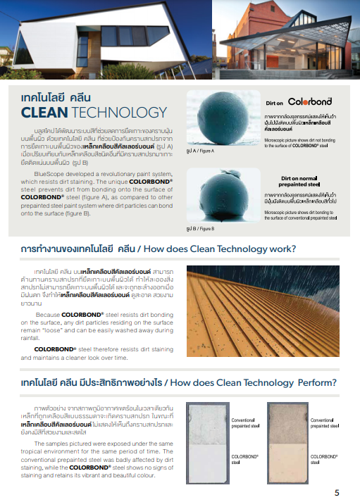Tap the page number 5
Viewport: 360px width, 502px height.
tap(337, 492)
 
